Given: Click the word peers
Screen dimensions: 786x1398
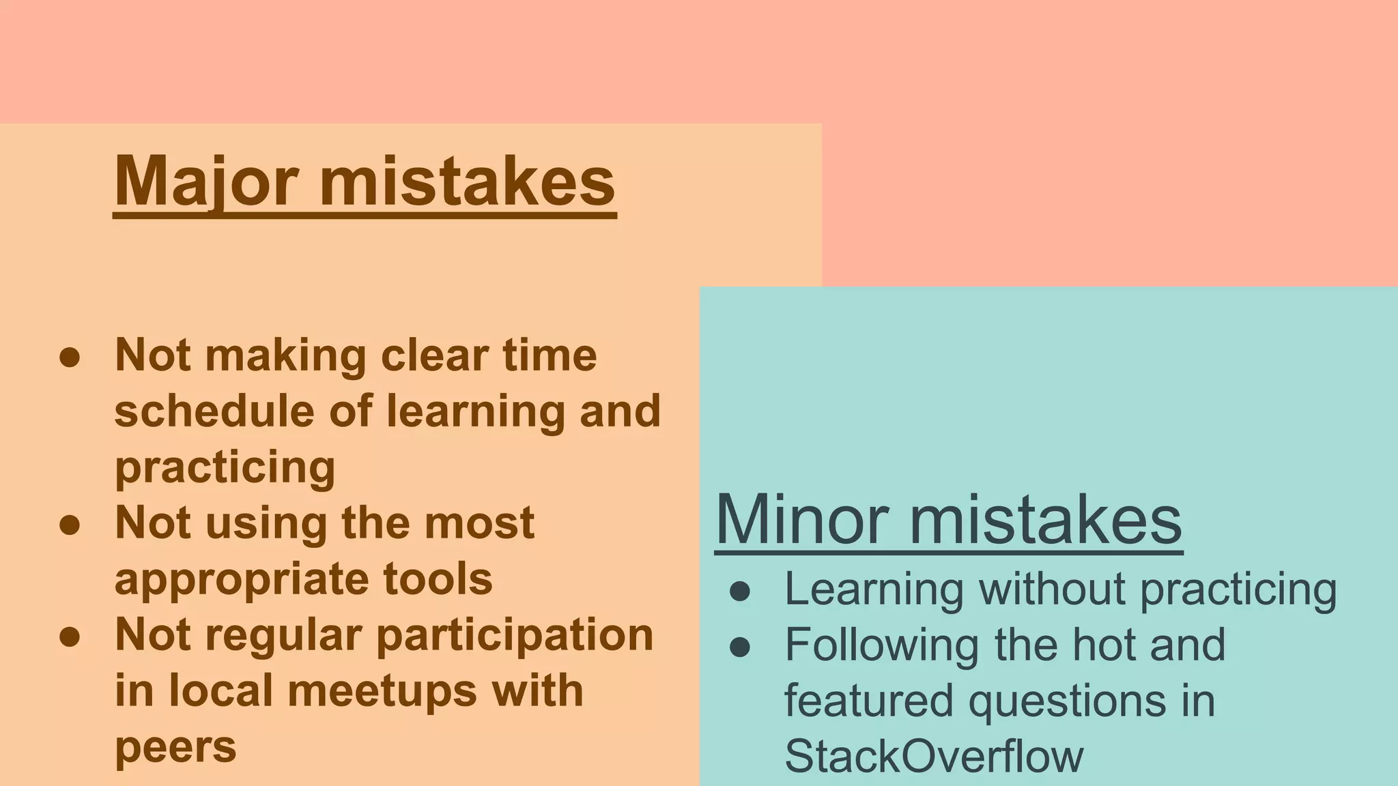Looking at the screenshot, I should tap(175, 747).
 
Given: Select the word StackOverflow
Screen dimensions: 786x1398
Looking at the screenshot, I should tap(934, 756).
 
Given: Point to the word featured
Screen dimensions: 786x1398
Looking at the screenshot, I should tap(868, 701).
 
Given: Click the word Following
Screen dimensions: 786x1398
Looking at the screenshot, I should tap(882, 645).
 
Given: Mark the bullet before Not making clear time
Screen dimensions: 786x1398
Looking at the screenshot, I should tap(70, 357).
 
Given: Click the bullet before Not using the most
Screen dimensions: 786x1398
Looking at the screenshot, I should tap(70, 525).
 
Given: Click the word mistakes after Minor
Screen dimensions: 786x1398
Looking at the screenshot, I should tap(1045, 520).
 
